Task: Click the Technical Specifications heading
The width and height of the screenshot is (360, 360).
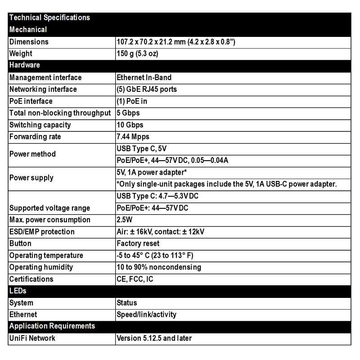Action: pos(49,18)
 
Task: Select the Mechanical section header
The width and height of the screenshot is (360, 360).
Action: pos(28,30)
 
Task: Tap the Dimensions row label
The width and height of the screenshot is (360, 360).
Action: pos(29,42)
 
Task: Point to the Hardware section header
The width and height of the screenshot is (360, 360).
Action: pos(25,65)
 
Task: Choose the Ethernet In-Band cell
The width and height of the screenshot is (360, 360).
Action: pos(144,77)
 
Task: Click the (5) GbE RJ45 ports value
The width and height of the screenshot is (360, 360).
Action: pos(147,89)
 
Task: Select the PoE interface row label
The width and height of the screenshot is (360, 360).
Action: pos(31,101)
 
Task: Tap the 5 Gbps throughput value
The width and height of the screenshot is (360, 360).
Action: pos(128,113)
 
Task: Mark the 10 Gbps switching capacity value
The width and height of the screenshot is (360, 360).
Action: pos(130,125)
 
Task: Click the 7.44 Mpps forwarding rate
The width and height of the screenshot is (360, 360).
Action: pos(133,136)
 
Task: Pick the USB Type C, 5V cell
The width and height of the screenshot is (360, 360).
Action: pos(142,148)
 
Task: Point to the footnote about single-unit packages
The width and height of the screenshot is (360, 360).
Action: pos(227,184)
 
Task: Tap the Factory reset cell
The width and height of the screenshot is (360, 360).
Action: pos(138,243)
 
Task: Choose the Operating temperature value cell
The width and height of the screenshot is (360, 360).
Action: pos(155,255)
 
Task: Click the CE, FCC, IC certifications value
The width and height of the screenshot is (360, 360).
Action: pos(135,279)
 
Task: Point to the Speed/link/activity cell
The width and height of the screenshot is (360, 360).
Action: pos(147,315)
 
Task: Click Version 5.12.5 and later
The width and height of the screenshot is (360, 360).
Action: pos(154,338)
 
